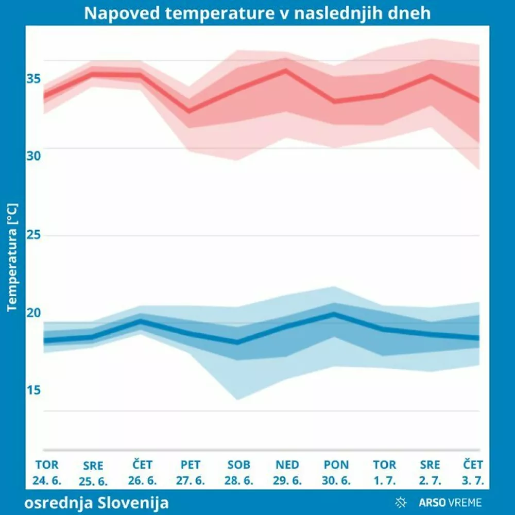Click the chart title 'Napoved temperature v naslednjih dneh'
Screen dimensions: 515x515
coord(257,13)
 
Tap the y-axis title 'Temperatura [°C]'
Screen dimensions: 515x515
coord(13,257)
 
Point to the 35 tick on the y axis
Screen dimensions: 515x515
coord(33,79)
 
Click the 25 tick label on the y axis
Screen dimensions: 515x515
coord(33,234)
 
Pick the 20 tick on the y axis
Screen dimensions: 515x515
coord(33,313)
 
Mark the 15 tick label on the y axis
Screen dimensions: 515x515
coord(33,390)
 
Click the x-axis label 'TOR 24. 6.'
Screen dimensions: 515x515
coord(47,473)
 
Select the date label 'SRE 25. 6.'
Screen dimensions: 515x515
coord(93,474)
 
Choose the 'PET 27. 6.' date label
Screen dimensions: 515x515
coord(191,473)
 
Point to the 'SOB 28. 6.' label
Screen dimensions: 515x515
coord(238,473)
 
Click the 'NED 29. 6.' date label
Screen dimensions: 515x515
coord(287,473)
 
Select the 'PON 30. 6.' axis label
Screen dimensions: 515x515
coord(336,473)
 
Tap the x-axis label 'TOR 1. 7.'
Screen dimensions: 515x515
coord(384,473)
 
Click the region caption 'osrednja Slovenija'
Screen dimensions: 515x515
coord(96,502)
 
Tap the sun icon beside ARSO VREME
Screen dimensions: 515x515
coord(401,502)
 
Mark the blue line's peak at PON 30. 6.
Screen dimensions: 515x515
coord(335,313)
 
